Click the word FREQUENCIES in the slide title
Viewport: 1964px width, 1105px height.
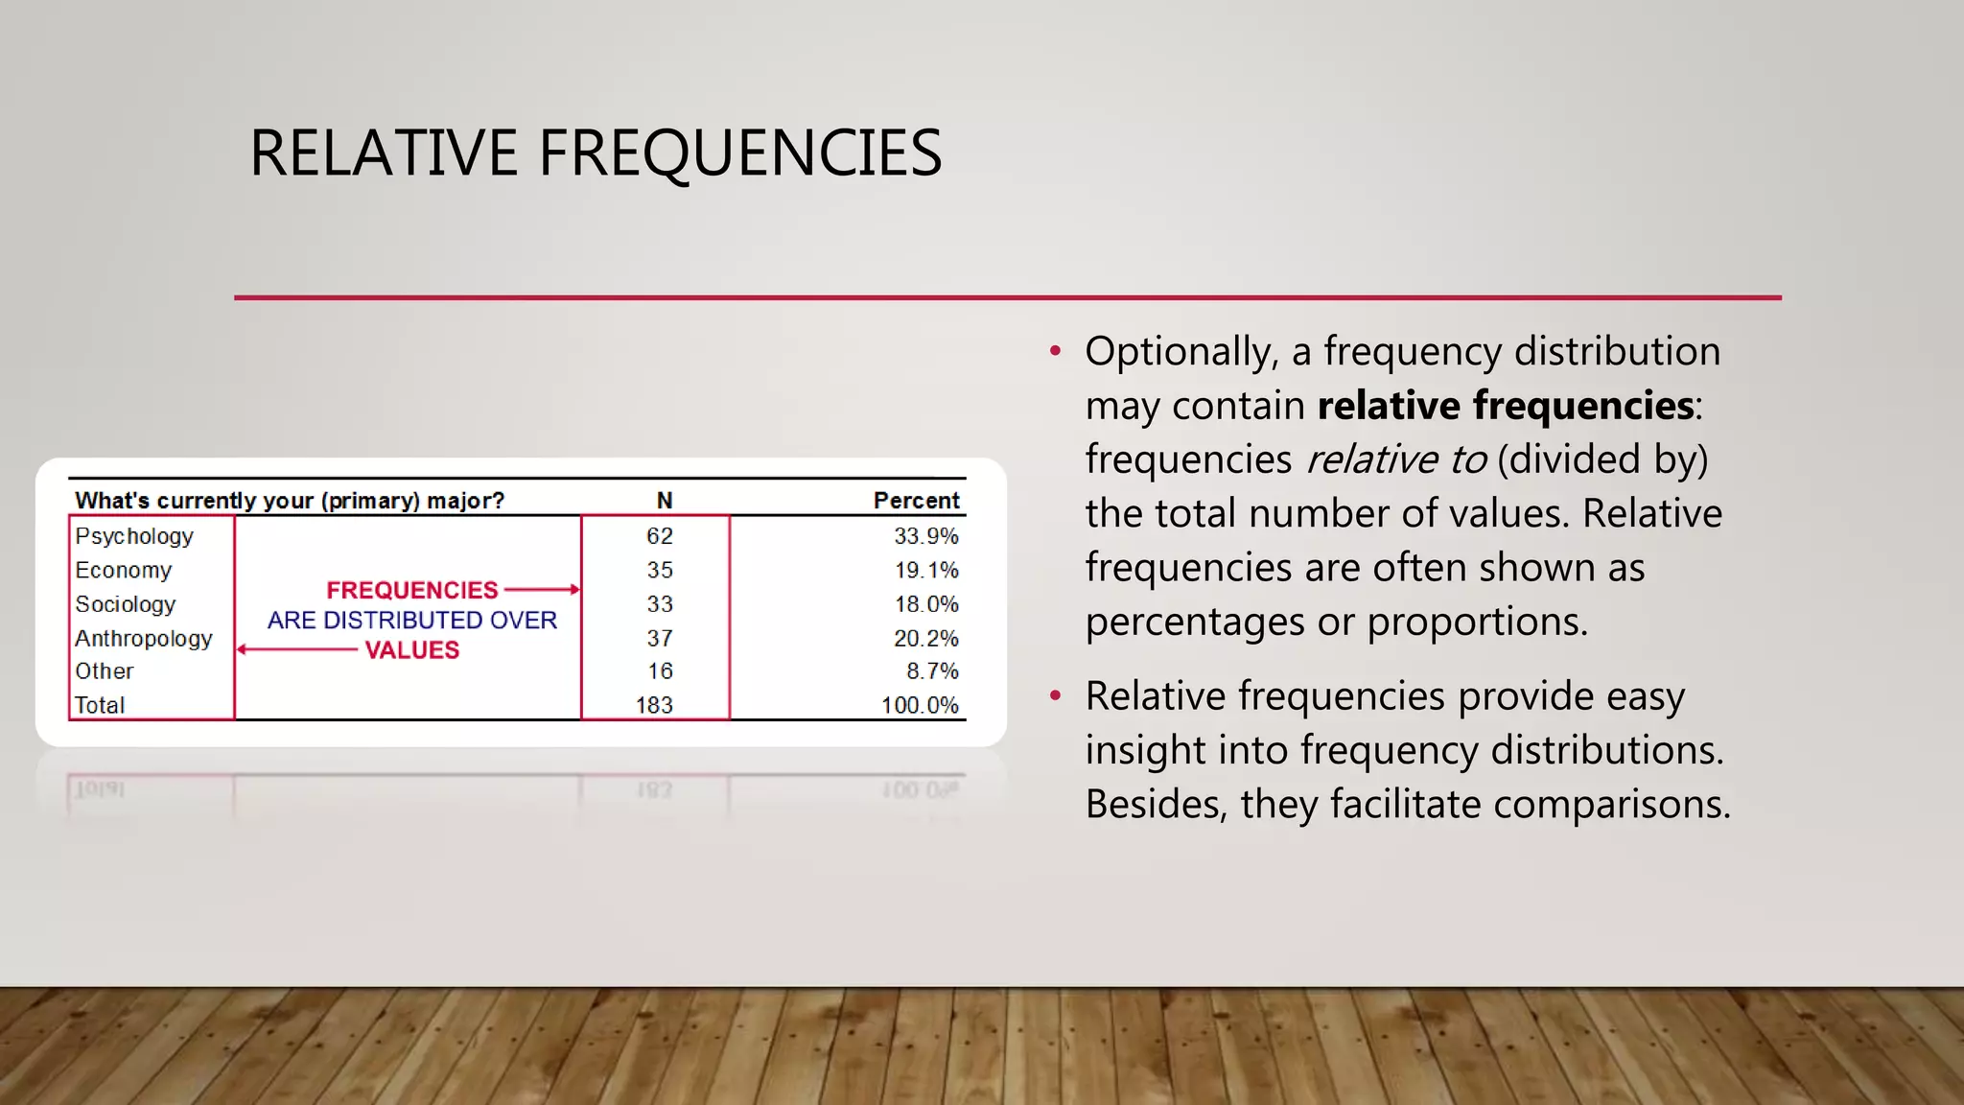point(739,153)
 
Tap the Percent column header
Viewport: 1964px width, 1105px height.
point(915,501)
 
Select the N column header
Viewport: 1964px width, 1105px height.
point(664,501)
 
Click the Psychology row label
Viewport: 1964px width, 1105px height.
point(134,536)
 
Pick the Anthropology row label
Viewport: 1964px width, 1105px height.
point(144,639)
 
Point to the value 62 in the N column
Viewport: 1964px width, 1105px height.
point(659,536)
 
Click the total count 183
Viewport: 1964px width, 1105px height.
point(654,705)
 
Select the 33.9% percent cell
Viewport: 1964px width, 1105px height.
point(925,536)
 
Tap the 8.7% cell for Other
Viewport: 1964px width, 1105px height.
point(932,671)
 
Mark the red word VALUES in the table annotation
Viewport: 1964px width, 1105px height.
point(411,650)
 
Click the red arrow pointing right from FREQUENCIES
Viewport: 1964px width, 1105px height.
point(542,589)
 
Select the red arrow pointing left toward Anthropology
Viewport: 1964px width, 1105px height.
point(297,649)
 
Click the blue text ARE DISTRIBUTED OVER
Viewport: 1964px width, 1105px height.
point(411,621)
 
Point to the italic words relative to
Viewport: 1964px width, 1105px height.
point(1396,459)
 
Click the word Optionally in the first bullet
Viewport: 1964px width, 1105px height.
point(1181,352)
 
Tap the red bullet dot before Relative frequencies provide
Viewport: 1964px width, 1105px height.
point(1055,695)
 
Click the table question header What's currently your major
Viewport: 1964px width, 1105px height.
point(289,501)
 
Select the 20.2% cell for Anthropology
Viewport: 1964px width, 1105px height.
point(925,639)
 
